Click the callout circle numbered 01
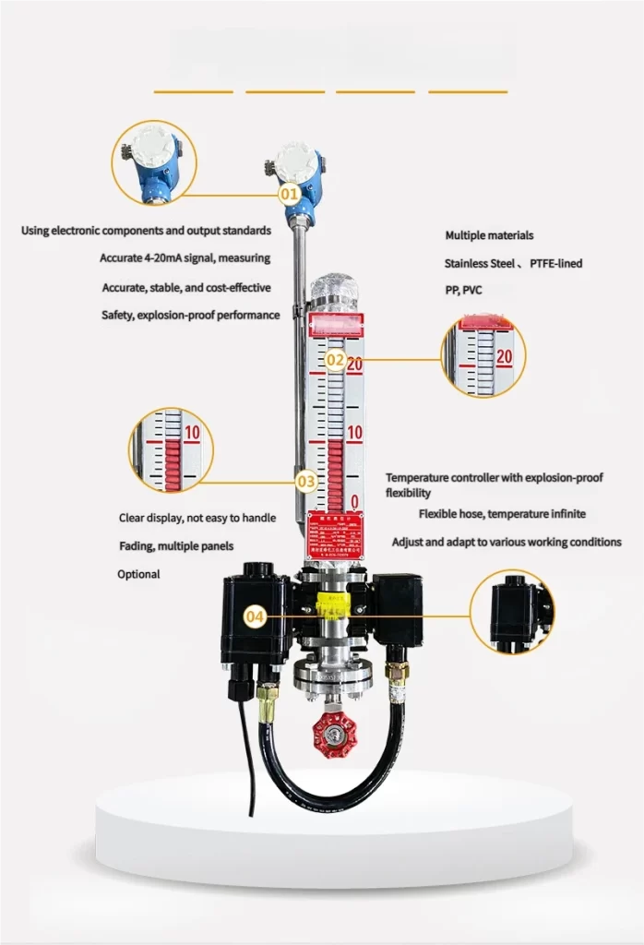(289, 195)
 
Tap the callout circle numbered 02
(334, 359)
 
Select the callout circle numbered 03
(306, 481)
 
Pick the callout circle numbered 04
(256, 616)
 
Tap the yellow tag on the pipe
(333, 606)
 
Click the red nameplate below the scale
(334, 535)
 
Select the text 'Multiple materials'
(489, 235)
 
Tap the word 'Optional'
(138, 574)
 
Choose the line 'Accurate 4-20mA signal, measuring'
(185, 258)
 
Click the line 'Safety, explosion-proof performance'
(190, 315)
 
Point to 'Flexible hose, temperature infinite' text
(502, 513)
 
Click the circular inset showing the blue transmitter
(153, 161)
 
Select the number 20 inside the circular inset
(504, 356)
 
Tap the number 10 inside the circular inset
(192, 432)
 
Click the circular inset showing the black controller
(513, 610)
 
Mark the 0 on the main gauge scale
(355, 502)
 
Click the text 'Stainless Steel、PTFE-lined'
(513, 263)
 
